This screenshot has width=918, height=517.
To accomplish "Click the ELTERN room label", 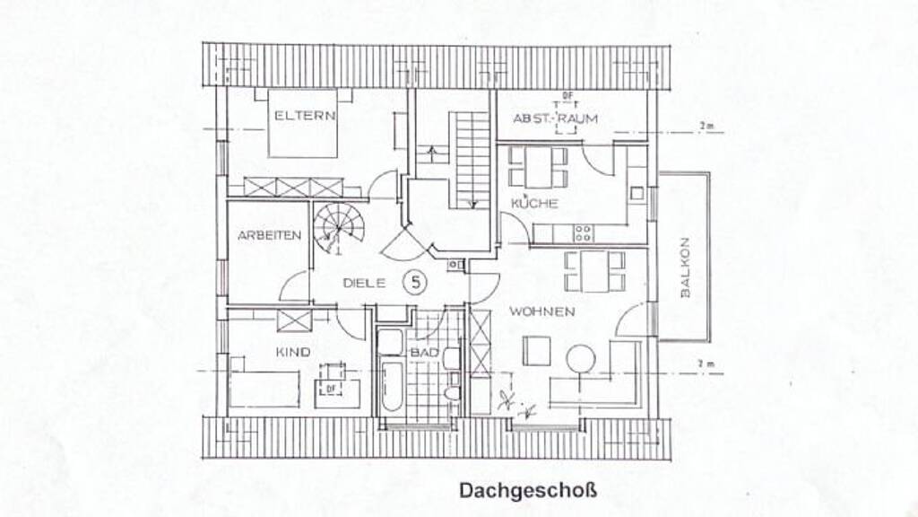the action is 305,116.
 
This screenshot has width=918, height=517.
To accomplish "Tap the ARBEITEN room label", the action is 269,236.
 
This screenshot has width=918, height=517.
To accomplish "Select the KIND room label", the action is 293,352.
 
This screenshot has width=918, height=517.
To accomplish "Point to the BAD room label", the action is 424,352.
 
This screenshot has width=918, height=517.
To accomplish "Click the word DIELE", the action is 364,283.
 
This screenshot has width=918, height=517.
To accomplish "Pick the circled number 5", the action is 414,283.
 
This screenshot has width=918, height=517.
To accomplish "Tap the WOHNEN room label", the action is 541,311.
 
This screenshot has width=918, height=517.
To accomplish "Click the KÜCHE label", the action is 534,204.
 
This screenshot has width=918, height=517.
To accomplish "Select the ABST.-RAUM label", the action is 555,118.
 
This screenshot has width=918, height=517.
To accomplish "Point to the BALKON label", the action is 685,267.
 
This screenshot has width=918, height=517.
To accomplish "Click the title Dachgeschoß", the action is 527,491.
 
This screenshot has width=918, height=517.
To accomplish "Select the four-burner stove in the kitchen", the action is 583,233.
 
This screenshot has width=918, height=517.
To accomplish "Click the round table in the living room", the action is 580,359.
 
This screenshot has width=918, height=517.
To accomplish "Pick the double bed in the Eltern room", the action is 303,122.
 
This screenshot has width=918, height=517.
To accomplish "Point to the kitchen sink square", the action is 637,193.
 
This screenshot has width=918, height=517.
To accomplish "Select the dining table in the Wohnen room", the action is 594,271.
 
